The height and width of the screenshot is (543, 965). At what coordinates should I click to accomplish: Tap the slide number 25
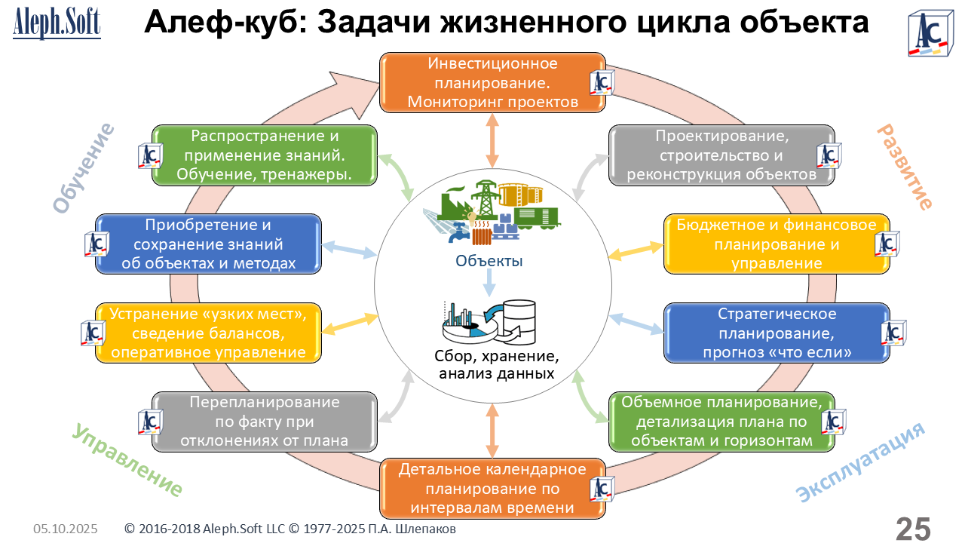tap(913, 528)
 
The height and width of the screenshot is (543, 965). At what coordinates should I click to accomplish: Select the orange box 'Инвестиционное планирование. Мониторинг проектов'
tap(492, 82)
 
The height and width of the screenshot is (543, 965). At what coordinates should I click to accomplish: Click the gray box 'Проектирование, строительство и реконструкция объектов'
tap(722, 155)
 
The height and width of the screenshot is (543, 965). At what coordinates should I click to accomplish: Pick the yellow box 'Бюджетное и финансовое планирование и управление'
tap(777, 244)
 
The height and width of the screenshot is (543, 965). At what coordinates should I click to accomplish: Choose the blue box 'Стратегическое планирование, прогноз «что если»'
tap(777, 333)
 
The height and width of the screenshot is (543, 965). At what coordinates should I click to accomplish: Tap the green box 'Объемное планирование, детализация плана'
tap(721, 421)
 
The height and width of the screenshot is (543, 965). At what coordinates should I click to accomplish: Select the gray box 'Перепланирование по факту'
tap(264, 422)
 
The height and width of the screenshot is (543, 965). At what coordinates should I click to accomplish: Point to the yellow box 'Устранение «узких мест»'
tap(208, 333)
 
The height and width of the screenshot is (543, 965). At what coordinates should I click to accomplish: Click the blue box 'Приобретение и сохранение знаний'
tap(208, 244)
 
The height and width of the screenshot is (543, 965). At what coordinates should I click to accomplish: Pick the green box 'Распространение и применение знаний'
tap(264, 155)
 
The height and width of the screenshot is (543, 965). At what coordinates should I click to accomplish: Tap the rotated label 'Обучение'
tap(84, 167)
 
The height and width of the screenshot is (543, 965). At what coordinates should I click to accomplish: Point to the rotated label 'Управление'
tap(127, 460)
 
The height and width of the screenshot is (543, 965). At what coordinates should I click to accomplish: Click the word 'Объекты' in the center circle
tap(489, 262)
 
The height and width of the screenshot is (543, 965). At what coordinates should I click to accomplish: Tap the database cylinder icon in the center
tap(519, 321)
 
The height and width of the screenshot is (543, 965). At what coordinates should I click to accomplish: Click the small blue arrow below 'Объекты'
tap(489, 284)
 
